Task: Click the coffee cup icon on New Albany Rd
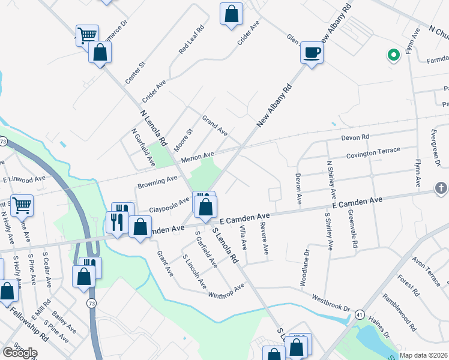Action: pos(312,53)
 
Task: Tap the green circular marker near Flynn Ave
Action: pos(394,56)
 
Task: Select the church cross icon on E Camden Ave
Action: pos(441,190)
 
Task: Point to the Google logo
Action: pos(19,353)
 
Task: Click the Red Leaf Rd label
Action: pos(192,40)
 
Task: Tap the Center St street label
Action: pos(135,71)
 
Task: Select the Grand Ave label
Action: pos(215,125)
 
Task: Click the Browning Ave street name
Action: pos(157,179)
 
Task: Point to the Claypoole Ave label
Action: pos(170,205)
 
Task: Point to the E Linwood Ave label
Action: pos(24,179)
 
